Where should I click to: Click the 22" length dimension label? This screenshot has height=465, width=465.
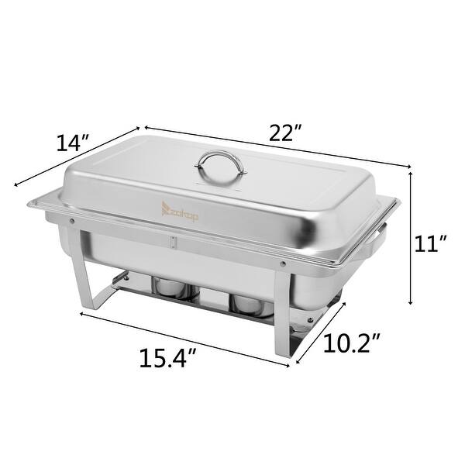tap(285, 133)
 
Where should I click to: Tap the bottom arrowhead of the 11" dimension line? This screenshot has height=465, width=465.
tap(411, 305)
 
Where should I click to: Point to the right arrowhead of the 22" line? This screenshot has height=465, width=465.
tap(407, 165)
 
